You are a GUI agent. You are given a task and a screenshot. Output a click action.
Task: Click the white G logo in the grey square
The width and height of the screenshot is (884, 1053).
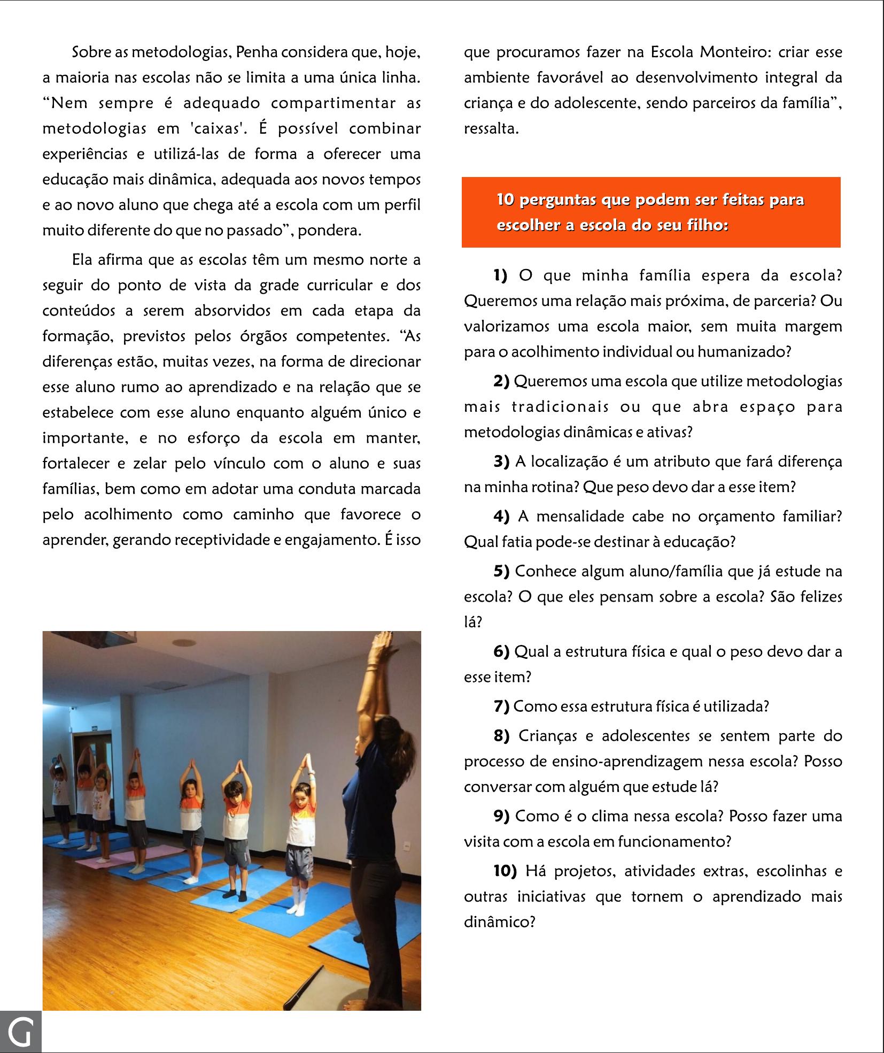click(x=20, y=1032)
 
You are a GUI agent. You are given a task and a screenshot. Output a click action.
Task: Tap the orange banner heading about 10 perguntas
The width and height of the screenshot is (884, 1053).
click(x=650, y=212)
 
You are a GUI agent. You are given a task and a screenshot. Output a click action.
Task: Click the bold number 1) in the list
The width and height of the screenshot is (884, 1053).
click(x=500, y=275)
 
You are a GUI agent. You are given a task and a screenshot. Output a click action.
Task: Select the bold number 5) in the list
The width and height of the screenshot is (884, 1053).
click(x=501, y=571)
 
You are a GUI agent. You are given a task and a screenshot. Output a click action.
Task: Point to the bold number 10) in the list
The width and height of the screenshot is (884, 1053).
click(x=505, y=871)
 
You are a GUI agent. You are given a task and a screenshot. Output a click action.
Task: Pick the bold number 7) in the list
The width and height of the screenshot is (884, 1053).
click(x=501, y=706)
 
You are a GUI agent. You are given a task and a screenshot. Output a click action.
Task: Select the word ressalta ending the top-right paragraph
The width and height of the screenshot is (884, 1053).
click(x=491, y=129)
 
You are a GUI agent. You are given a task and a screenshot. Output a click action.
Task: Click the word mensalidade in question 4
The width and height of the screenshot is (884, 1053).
click(x=581, y=517)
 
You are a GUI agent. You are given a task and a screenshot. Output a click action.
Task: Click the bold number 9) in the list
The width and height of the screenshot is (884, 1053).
click(x=501, y=816)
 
